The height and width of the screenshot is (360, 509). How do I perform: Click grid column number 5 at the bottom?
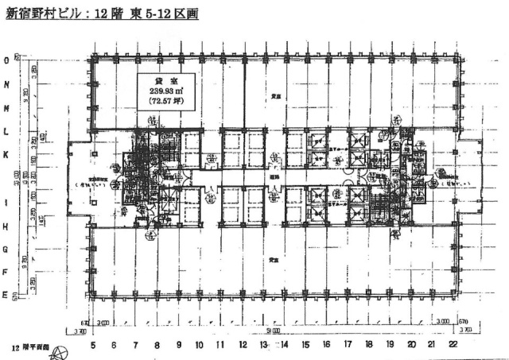tap(93, 344)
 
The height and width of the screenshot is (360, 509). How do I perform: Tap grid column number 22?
tap(453, 344)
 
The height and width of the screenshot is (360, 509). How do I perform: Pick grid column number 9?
tap(178, 344)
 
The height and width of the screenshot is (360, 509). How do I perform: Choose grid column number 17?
tap(348, 344)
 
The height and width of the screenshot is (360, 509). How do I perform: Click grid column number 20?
tap(411, 344)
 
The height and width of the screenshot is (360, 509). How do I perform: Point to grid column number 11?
tap(220, 344)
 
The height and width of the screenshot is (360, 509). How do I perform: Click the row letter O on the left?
tap(6, 60)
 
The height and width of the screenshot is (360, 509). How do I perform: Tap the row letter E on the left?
tap(6, 296)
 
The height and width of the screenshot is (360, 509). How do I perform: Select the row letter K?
tap(6, 157)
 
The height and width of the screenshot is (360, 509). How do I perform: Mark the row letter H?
tap(6, 226)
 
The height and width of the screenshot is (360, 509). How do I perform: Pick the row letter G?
tap(6, 250)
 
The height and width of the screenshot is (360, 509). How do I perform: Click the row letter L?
tap(6, 132)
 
